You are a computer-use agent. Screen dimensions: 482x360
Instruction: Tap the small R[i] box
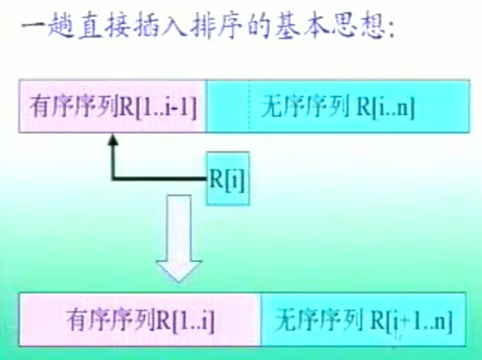227,179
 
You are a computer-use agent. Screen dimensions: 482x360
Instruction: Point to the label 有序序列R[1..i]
140,319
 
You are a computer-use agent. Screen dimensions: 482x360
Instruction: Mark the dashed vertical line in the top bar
249,105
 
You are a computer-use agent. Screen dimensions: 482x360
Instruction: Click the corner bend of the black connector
113,180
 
